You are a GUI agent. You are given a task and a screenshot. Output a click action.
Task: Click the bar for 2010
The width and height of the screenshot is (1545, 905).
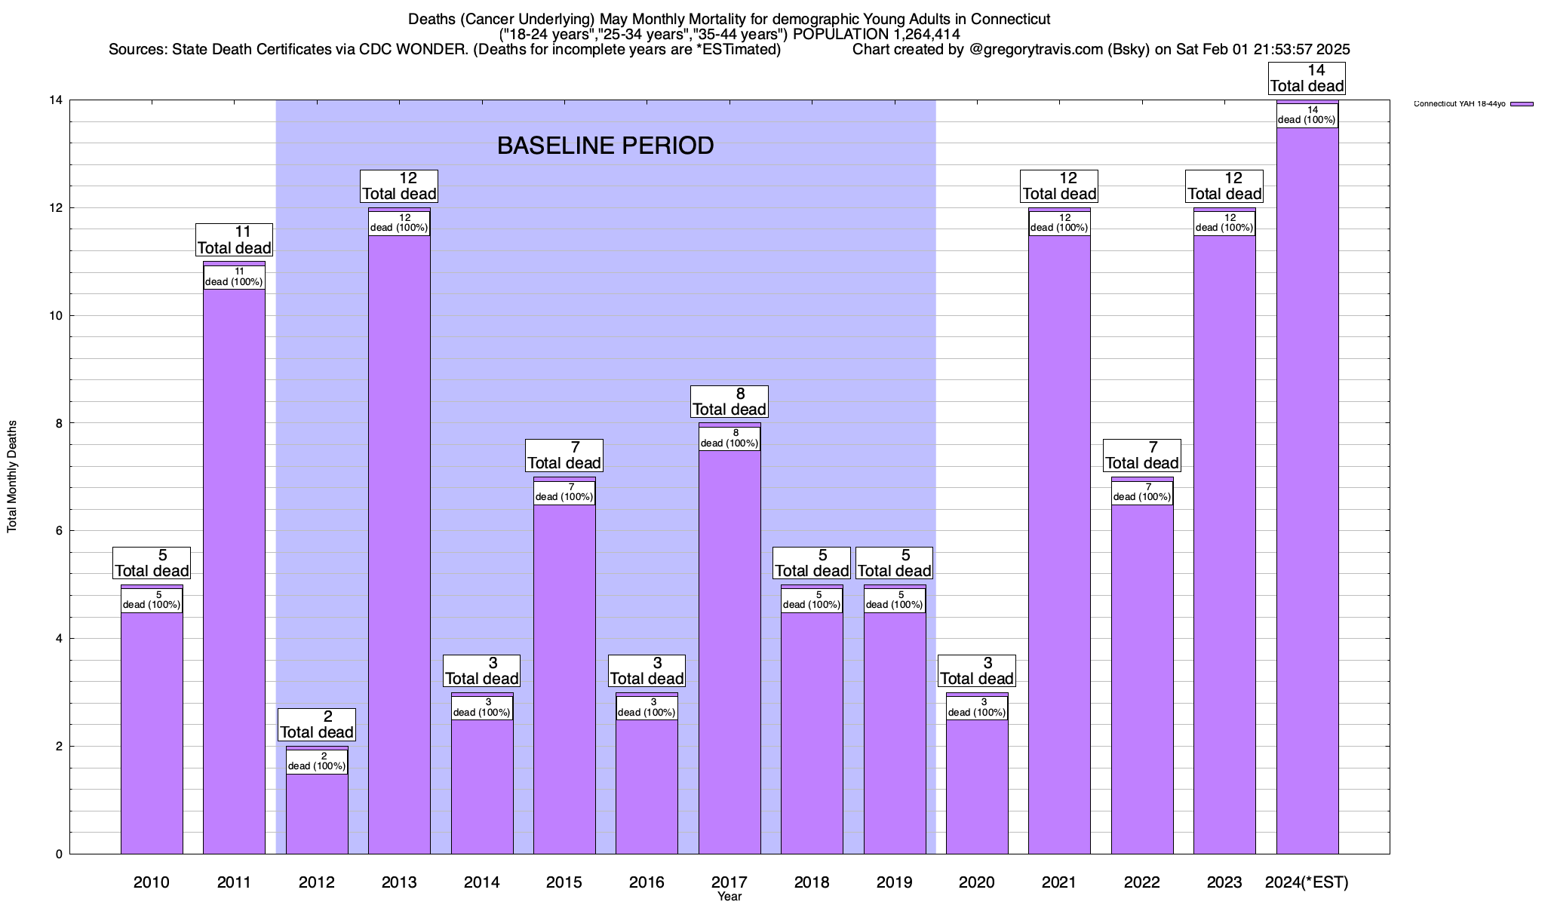click(x=152, y=732)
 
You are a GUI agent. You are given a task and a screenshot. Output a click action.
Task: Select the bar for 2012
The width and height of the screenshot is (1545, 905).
click(x=317, y=814)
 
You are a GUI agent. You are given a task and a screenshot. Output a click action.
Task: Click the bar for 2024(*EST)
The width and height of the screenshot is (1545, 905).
click(x=1307, y=490)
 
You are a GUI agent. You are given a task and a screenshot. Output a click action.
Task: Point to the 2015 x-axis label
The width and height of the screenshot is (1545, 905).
click(x=564, y=882)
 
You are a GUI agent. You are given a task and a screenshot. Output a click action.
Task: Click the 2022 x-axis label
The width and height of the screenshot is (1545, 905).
click(x=1141, y=882)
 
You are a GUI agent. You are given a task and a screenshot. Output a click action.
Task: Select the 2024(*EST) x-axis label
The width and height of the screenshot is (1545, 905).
click(x=1307, y=882)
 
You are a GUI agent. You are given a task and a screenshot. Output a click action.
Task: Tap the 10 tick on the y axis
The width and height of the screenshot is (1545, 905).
click(x=56, y=316)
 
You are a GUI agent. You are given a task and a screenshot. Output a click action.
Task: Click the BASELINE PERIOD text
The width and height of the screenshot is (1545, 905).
click(x=605, y=146)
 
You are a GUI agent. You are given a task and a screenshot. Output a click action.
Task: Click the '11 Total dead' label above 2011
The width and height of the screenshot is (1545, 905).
click(x=234, y=240)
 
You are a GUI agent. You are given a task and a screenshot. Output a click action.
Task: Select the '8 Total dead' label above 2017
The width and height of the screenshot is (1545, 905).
click(x=729, y=401)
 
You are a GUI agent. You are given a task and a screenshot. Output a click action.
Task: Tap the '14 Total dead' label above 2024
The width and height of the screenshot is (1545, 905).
click(x=1307, y=78)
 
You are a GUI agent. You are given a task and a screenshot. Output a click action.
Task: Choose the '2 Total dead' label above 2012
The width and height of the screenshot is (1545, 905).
click(x=317, y=725)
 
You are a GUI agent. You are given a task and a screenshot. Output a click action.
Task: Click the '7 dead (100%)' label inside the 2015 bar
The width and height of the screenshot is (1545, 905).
click(x=564, y=492)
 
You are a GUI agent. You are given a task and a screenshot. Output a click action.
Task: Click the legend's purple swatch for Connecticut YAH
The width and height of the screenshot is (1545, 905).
click(x=1522, y=104)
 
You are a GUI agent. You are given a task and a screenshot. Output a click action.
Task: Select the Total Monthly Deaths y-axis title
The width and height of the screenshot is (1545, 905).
click(x=12, y=477)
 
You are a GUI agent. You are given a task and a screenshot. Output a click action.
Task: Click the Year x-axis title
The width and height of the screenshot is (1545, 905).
click(x=729, y=897)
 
